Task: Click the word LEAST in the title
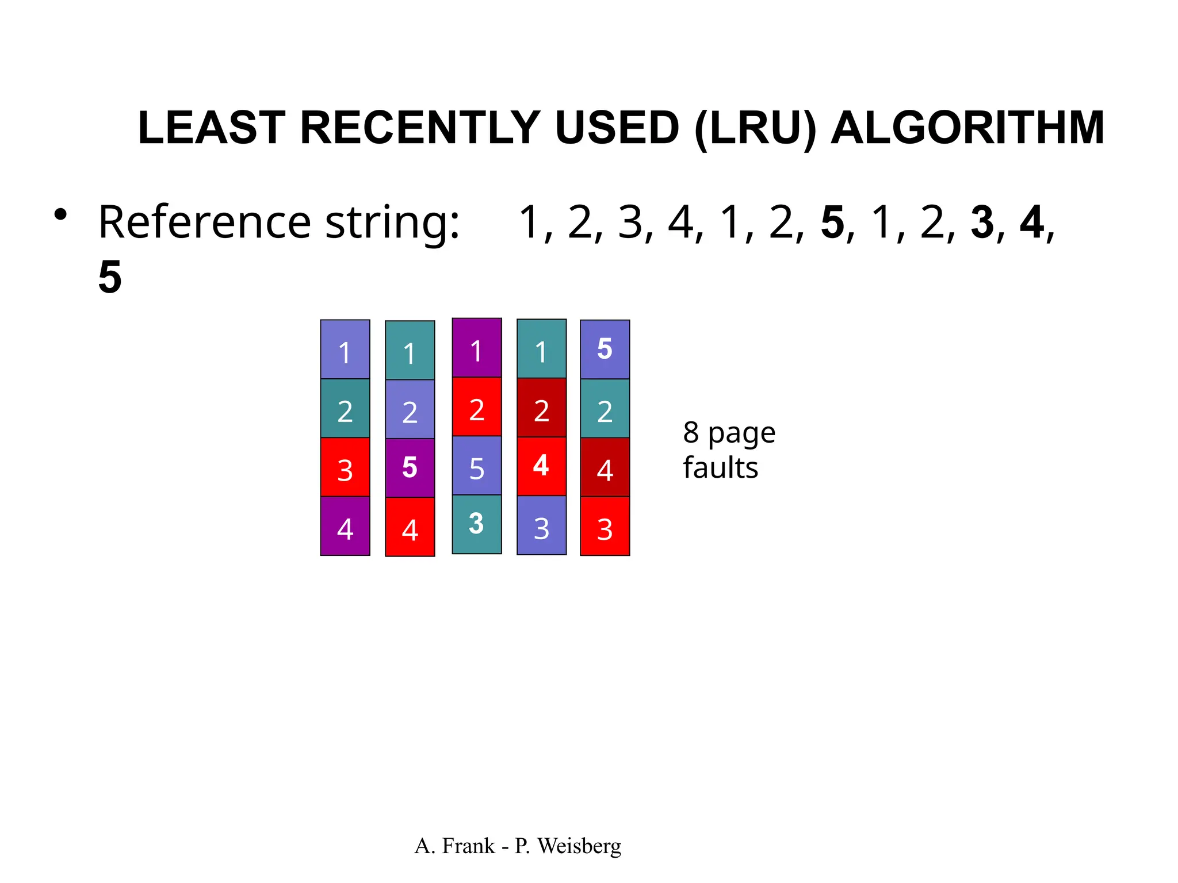(211, 128)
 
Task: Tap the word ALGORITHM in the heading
(967, 128)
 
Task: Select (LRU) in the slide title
(755, 128)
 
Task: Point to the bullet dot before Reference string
(60, 216)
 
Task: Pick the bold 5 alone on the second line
(110, 277)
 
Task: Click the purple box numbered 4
(345, 526)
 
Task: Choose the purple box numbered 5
(410, 467)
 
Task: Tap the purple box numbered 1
(476, 348)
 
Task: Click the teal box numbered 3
(476, 524)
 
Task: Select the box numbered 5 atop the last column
(605, 349)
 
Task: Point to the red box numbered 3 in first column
(345, 467)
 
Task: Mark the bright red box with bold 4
(541, 466)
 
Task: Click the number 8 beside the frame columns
(691, 433)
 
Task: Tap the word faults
(720, 468)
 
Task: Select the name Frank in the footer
(468, 846)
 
